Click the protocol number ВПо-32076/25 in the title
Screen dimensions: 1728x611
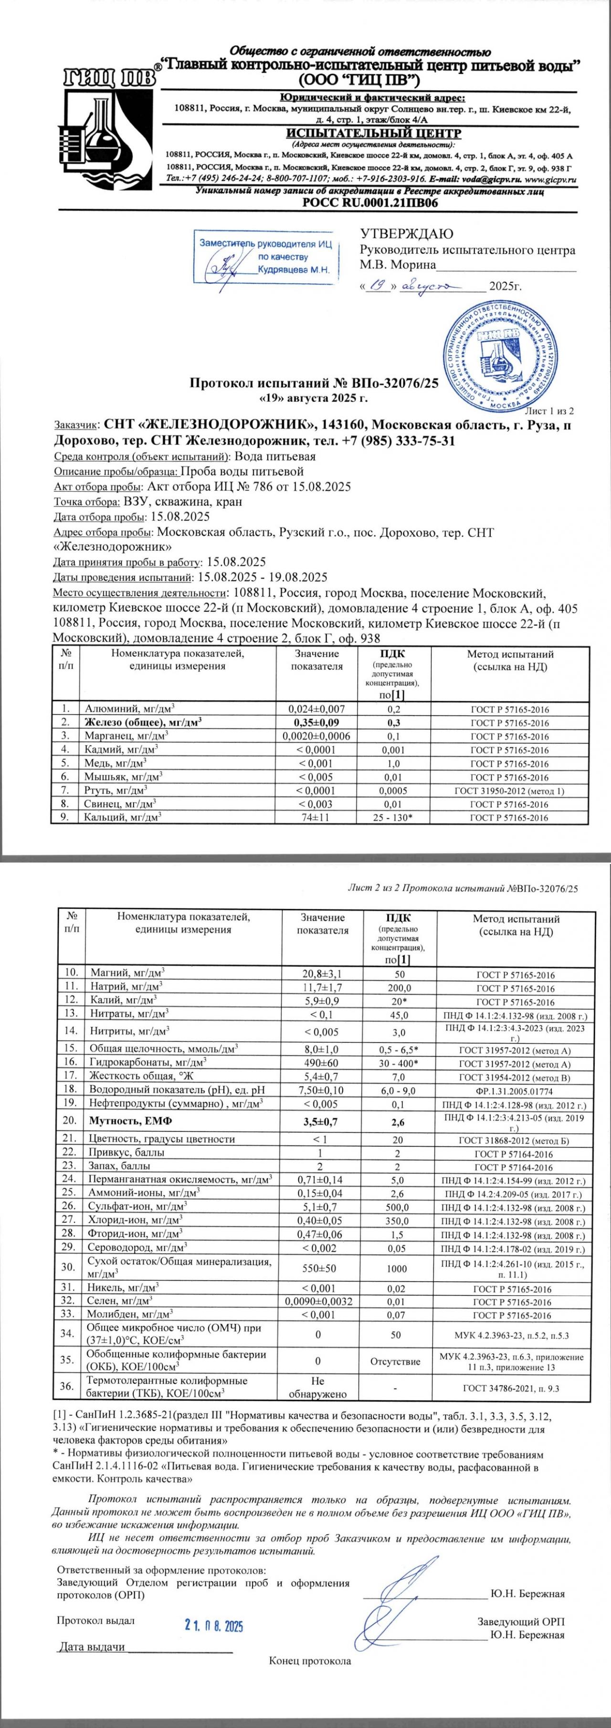[x=394, y=384]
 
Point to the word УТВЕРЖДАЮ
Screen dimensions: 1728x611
[x=406, y=234]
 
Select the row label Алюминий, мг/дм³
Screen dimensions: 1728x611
[x=129, y=709]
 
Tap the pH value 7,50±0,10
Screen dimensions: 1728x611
[x=323, y=1090]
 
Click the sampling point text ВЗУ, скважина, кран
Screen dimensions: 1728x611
[x=183, y=502]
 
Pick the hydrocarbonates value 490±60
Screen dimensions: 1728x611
[x=323, y=1063]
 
